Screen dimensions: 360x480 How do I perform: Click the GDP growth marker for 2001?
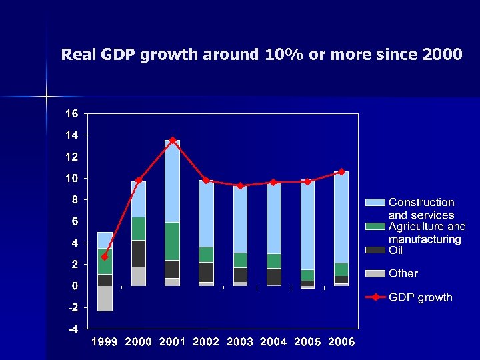click(172, 141)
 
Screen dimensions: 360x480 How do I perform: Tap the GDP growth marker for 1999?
click(105, 257)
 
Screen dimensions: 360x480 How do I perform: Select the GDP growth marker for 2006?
click(341, 172)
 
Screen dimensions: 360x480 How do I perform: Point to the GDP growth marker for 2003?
click(240, 185)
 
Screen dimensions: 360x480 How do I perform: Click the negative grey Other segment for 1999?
click(105, 298)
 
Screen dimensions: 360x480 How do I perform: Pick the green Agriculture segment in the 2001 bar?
click(172, 241)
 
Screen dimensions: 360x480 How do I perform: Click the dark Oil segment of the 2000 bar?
click(139, 253)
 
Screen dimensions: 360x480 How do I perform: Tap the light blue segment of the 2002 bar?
click(206, 213)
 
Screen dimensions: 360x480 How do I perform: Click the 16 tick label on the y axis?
click(71, 114)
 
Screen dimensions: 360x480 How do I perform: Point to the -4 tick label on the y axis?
click(71, 329)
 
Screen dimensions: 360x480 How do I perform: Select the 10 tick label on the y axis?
click(71, 179)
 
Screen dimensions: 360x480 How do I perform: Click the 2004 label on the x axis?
click(273, 342)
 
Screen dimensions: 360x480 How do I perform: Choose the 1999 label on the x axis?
click(105, 342)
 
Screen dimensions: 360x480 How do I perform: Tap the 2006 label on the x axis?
click(341, 342)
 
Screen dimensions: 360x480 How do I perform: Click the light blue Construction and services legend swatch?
click(375, 202)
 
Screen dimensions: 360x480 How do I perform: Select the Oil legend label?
click(396, 251)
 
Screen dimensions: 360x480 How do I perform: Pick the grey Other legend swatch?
click(375, 273)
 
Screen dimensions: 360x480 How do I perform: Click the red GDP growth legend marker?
click(375, 297)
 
